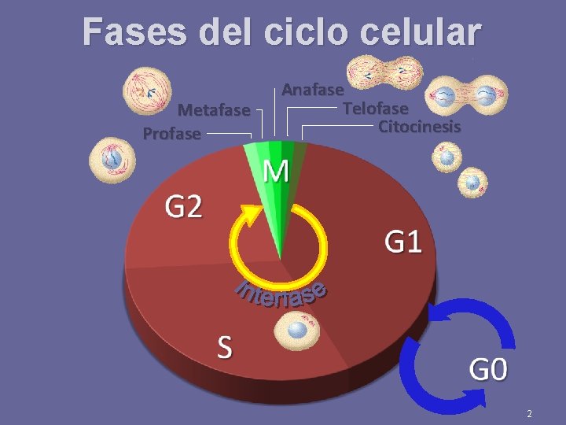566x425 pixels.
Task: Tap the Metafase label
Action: click(214, 110)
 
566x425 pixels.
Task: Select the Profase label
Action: click(171, 134)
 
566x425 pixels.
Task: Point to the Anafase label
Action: click(313, 90)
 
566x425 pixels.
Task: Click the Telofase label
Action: click(375, 108)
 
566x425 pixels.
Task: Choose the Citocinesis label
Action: click(419, 126)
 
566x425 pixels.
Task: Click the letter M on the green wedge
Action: click(275, 171)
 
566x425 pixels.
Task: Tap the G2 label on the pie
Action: click(183, 207)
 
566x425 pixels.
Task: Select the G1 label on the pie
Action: click(402, 241)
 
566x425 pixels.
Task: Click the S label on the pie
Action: click(225, 346)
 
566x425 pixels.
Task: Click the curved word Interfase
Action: click(281, 294)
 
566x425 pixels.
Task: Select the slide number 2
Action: click(530, 414)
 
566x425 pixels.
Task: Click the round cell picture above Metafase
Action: click(146, 90)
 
